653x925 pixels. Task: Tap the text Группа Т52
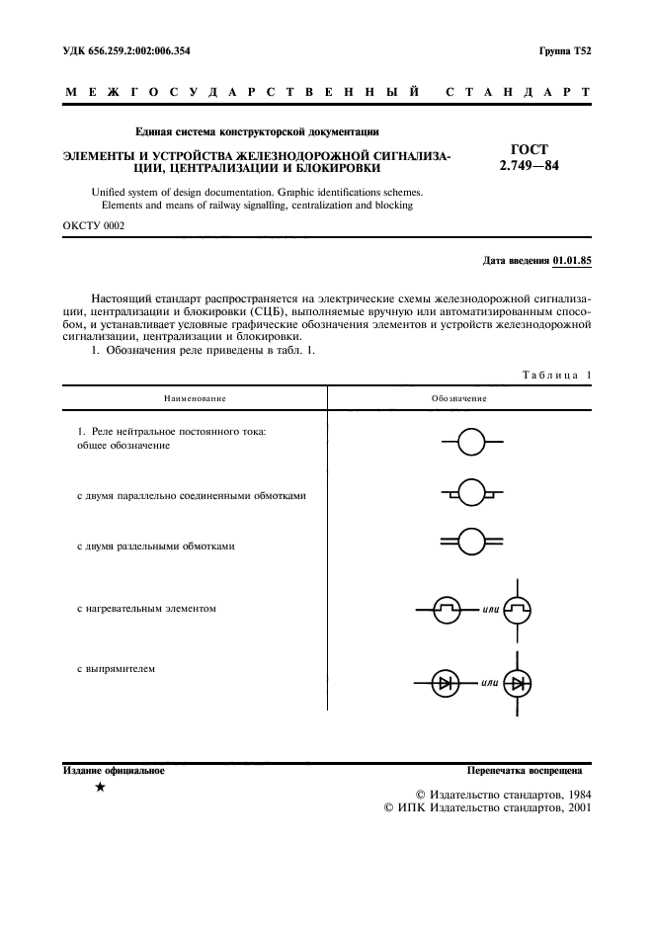564,49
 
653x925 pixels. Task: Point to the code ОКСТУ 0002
94,225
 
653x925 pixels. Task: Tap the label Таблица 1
554,376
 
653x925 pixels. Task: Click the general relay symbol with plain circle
471,442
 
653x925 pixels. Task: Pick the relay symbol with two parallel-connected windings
471,491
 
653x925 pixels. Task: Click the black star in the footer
100,788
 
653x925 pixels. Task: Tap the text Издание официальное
113,769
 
